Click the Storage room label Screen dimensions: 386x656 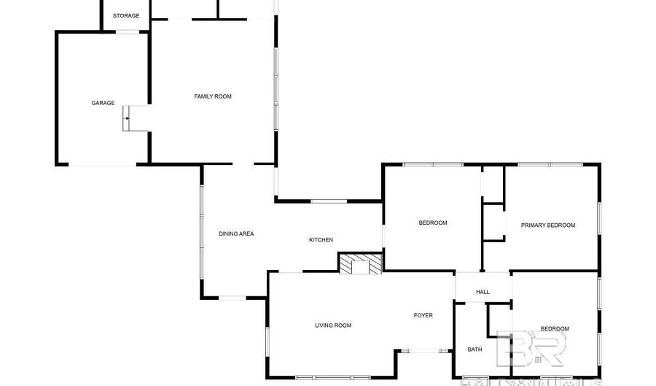point(126,15)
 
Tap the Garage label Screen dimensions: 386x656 point(103,103)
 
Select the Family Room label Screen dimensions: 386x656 point(213,96)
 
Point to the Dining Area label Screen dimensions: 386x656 point(236,233)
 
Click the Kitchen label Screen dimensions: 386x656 point(321,239)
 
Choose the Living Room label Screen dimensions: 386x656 point(333,325)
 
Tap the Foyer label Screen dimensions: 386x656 point(423,315)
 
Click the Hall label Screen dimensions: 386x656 point(483,292)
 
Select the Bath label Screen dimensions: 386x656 point(475,350)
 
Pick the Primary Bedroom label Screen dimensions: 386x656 point(548,225)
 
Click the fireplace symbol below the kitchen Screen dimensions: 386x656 point(360,263)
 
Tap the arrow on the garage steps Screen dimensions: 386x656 point(127,117)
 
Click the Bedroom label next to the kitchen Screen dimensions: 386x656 point(433,223)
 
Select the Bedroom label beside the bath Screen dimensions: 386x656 point(555,329)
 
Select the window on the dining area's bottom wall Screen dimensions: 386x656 point(233,297)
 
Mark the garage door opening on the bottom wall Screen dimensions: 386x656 point(102,165)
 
